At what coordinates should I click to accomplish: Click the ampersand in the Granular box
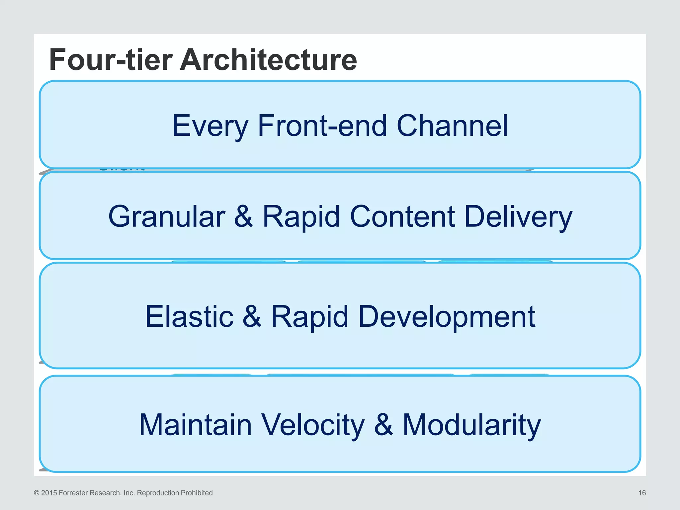pyautogui.click(x=243, y=216)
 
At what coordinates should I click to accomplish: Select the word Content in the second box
pyautogui.click(x=402, y=216)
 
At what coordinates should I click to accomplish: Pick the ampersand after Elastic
pyautogui.click(x=252, y=317)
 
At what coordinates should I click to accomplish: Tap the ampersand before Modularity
pyautogui.click(x=383, y=425)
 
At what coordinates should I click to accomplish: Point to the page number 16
pyautogui.click(x=642, y=493)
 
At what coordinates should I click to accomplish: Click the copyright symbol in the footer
pyautogui.click(x=37, y=493)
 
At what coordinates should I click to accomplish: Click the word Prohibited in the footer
pyautogui.click(x=196, y=493)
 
